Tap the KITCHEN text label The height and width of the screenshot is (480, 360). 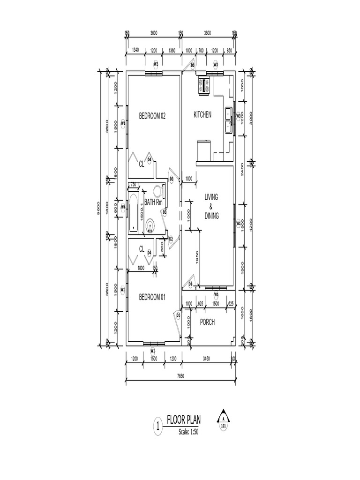(202, 114)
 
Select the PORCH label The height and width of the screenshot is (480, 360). (207, 322)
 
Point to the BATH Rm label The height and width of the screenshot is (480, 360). (153, 202)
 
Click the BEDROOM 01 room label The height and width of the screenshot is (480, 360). (152, 296)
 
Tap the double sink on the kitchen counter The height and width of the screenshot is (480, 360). (228, 120)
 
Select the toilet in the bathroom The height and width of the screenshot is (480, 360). (156, 192)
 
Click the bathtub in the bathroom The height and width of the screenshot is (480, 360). (134, 213)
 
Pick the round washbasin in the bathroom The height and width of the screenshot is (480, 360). (150, 226)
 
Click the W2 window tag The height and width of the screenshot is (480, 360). (156, 64)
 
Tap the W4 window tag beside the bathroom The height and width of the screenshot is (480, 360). (123, 207)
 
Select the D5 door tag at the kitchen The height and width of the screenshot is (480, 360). (192, 64)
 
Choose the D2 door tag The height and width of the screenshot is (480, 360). (171, 239)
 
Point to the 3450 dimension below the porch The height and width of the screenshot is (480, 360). (206, 359)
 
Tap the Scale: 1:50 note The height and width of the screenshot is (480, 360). (189, 431)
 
